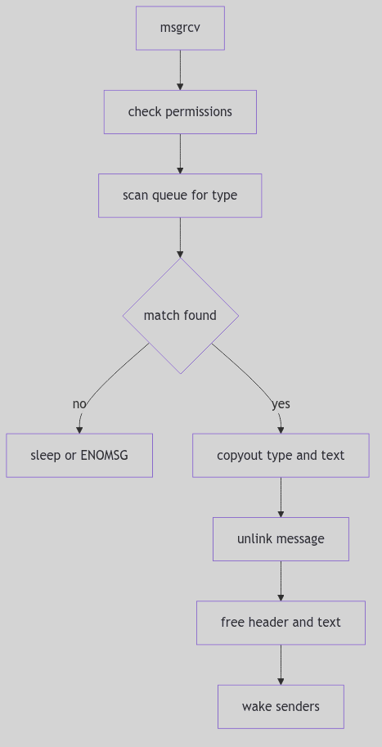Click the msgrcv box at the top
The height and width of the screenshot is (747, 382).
[180, 29]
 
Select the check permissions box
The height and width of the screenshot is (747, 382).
[180, 112]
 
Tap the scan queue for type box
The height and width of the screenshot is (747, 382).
[180, 196]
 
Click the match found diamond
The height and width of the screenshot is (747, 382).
[180, 316]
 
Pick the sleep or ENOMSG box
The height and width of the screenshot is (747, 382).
[79, 456]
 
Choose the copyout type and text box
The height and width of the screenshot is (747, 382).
[281, 456]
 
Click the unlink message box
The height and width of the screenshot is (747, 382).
[281, 539]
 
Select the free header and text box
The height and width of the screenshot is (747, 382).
[281, 623]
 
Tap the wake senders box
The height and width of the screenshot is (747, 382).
[281, 707]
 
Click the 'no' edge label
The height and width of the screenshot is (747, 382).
[79, 404]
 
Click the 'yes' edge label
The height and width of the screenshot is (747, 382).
[281, 404]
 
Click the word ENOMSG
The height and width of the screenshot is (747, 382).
[104, 456]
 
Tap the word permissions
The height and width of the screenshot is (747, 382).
[199, 112]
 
